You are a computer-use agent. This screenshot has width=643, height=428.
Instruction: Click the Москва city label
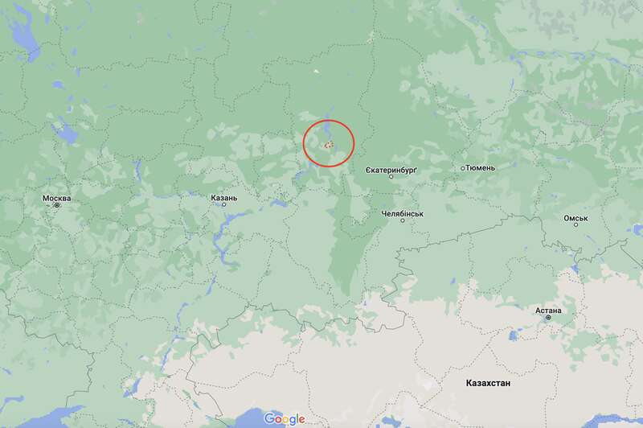click(57, 198)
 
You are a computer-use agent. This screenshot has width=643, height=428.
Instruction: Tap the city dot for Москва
click(57, 205)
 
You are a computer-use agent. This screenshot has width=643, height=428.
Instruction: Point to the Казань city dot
click(223, 205)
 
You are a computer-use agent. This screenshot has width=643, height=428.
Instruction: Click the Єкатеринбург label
click(391, 170)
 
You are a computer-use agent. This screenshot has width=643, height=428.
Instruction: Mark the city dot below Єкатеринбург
click(391, 177)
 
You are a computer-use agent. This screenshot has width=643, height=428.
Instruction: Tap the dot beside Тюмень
click(463, 168)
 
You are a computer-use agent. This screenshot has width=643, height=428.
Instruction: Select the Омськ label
click(575, 218)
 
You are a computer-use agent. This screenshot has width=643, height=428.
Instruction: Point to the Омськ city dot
click(575, 225)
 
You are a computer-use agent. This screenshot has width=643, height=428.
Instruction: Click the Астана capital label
click(548, 311)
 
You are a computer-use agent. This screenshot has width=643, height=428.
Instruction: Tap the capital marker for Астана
click(548, 318)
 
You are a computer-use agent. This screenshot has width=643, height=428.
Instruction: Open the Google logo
click(285, 418)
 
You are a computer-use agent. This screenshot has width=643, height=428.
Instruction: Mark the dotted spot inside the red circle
click(329, 144)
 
